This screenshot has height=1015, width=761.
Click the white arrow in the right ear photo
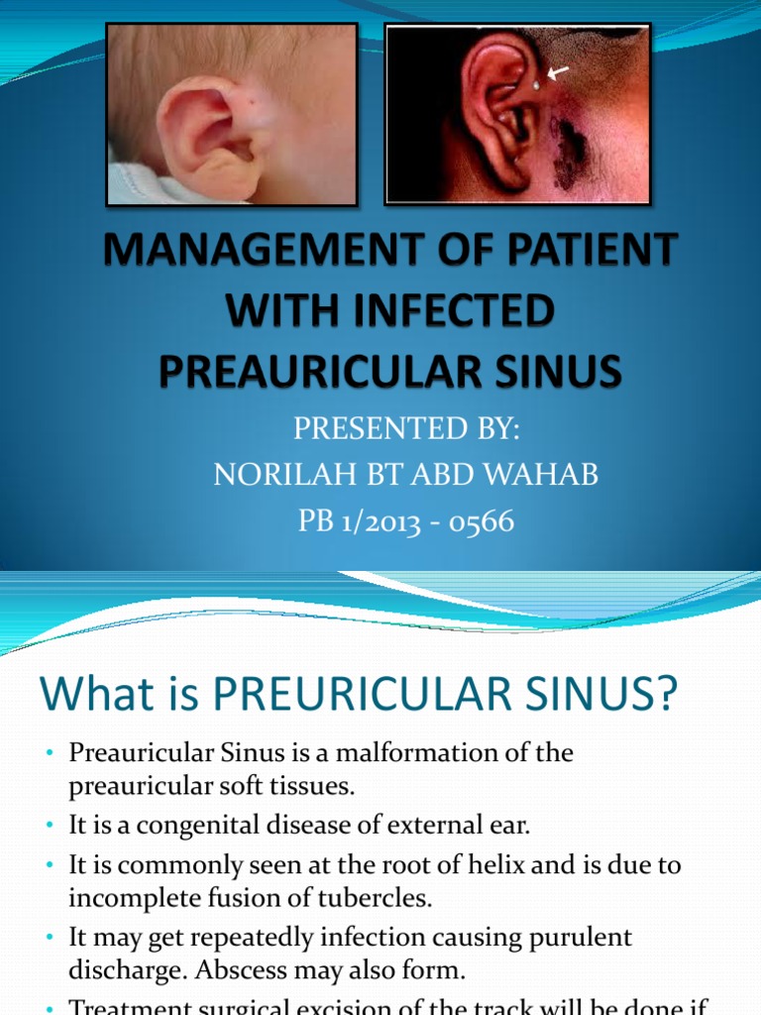(559, 71)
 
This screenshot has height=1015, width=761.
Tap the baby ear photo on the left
(232, 114)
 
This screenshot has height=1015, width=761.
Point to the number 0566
(481, 521)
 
